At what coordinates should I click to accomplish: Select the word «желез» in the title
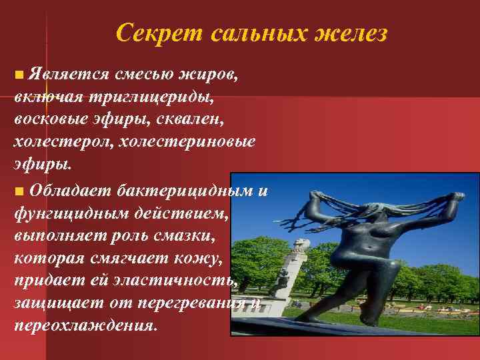point(354,33)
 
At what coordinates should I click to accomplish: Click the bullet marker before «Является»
point(19,74)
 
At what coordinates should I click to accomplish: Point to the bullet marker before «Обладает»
point(19,191)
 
